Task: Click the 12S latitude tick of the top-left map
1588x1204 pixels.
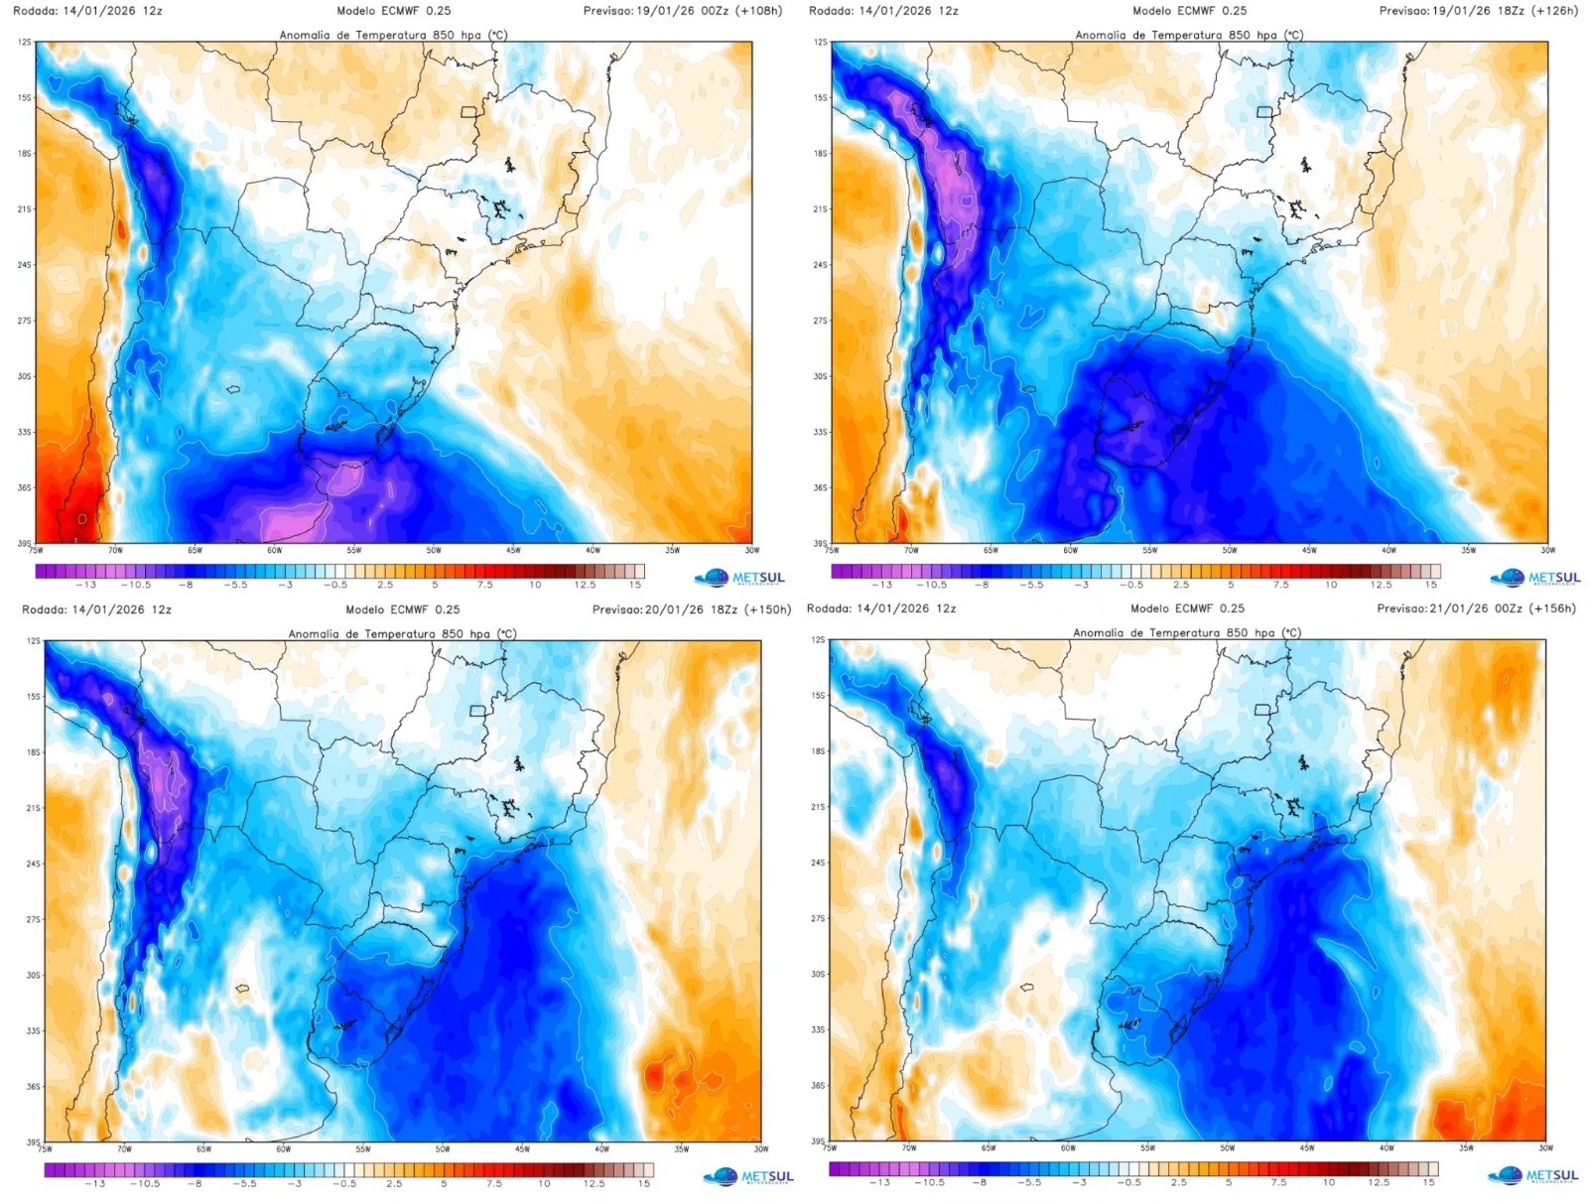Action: click(25, 43)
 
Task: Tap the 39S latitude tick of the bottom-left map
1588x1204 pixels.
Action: click(34, 1142)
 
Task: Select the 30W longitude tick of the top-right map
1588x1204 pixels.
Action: click(1547, 550)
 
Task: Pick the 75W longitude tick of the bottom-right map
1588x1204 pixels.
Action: click(829, 1147)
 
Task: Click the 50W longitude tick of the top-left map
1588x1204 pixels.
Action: click(434, 550)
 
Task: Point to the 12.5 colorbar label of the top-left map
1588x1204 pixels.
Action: click(585, 585)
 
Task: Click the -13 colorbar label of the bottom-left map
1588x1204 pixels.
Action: click(94, 1183)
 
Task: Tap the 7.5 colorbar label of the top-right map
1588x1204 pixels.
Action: click(1280, 585)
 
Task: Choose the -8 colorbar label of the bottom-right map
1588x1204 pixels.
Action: click(980, 1182)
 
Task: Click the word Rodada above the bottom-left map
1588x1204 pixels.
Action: click(42, 609)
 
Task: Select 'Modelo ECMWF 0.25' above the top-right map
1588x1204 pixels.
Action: click(1189, 11)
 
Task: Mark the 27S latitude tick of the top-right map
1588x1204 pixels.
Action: click(820, 321)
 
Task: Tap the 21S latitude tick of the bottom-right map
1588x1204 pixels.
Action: click(818, 807)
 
